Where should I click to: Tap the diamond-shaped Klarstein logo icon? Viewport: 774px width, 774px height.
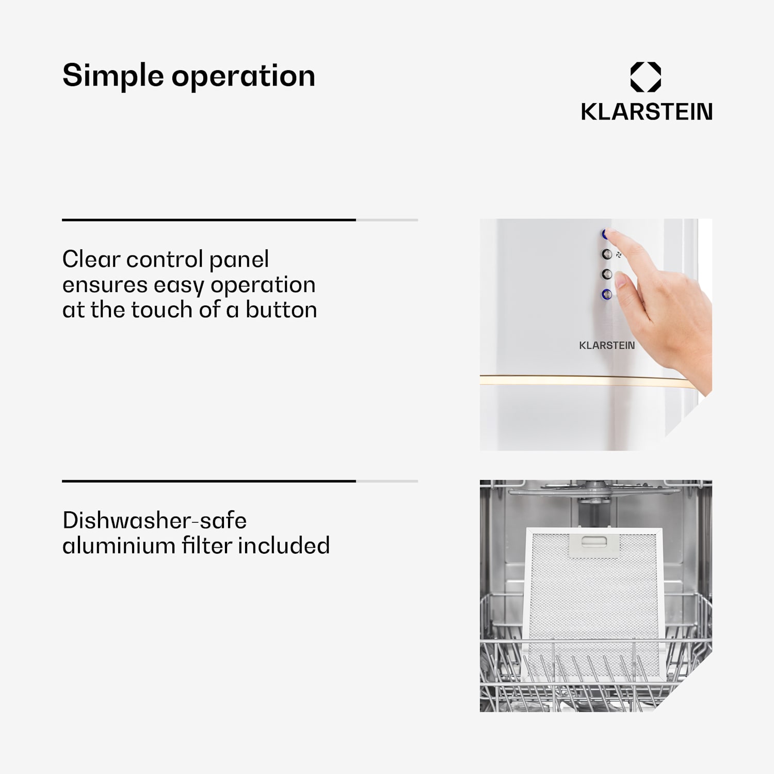646,77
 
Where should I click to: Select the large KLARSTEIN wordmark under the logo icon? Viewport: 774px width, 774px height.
647,111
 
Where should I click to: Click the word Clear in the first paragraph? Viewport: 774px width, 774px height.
91,259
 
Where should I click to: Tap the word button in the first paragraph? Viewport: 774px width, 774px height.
281,310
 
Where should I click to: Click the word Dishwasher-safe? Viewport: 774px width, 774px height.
155,520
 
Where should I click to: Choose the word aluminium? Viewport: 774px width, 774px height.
119,545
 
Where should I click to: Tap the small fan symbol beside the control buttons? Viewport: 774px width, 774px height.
619,254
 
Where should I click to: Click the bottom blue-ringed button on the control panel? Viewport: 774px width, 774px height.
607,294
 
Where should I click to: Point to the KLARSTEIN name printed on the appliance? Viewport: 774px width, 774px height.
607,345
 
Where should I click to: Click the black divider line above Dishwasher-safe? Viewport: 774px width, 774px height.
209,481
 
